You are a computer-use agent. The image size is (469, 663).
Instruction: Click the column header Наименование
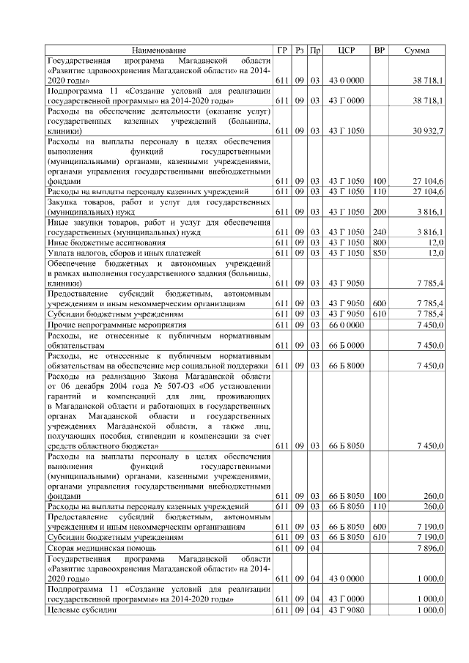click(x=159, y=50)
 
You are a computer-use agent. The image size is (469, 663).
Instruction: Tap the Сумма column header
click(x=417, y=50)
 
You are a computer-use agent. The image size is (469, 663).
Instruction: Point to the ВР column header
click(x=380, y=50)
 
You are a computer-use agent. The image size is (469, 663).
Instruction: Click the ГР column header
click(x=282, y=50)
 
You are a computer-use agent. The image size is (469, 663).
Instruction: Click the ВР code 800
click(x=380, y=242)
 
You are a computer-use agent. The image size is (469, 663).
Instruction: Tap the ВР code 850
click(x=380, y=252)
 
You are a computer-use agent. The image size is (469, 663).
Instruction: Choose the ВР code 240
click(x=380, y=232)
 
